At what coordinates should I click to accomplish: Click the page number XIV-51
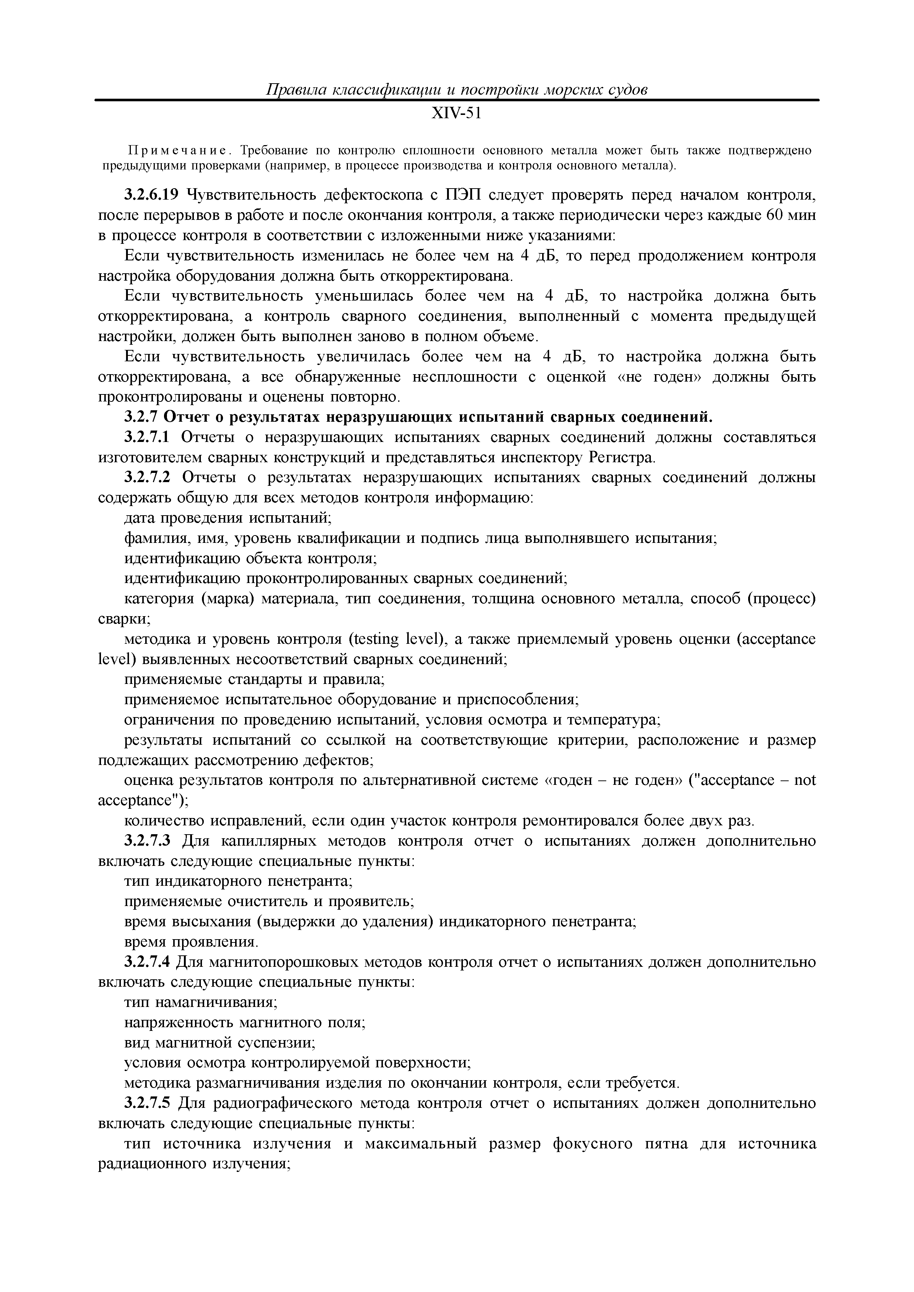click(x=456, y=114)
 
